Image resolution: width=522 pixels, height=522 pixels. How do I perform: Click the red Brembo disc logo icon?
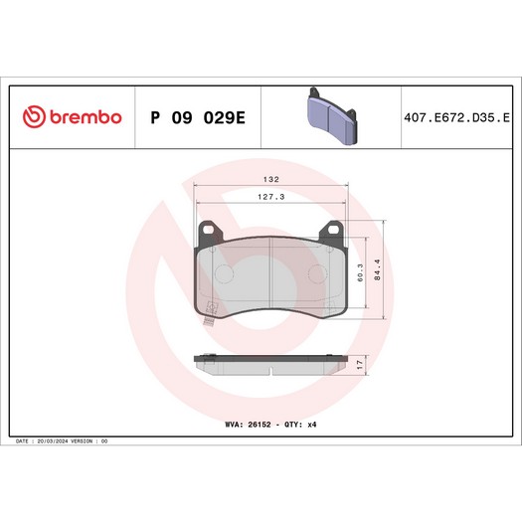pyautogui.click(x=34, y=116)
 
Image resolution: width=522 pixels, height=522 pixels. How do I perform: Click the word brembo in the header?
pyautogui.click(x=86, y=117)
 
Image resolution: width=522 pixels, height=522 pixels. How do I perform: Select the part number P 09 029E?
pyautogui.click(x=198, y=117)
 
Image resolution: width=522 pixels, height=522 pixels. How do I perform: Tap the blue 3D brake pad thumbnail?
pyautogui.click(x=331, y=116)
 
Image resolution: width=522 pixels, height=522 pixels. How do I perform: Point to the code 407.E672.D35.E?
pyautogui.click(x=456, y=118)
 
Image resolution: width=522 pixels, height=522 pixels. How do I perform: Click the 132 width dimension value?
pyautogui.click(x=271, y=179)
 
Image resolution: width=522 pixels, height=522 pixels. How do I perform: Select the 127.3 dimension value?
pyautogui.click(x=271, y=197)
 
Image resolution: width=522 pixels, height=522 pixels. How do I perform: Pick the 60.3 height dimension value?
pyautogui.click(x=360, y=273)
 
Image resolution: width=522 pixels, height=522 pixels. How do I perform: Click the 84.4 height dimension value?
pyautogui.click(x=377, y=270)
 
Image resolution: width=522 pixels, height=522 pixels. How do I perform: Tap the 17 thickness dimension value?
pyautogui.click(x=360, y=365)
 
